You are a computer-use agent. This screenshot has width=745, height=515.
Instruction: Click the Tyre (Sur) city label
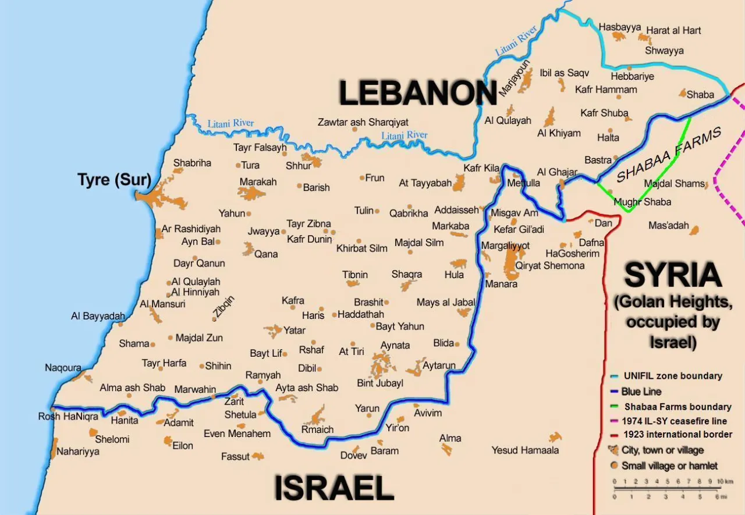[114, 180]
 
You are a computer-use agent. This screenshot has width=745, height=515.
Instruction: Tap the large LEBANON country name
[417, 93]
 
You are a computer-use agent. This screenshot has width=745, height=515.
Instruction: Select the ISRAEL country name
[334, 488]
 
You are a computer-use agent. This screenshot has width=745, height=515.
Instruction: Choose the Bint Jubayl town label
[380, 383]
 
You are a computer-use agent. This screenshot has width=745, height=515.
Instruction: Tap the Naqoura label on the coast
[63, 368]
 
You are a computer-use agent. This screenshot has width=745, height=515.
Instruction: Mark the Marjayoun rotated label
[507, 78]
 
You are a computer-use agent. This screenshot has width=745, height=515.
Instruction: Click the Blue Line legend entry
[641, 392]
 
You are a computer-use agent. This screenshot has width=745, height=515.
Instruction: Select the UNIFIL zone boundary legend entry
[672, 376]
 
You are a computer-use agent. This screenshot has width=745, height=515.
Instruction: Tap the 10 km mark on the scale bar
[721, 482]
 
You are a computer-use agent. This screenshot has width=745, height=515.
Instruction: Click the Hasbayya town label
[619, 27]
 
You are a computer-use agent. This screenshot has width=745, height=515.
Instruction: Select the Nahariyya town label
[78, 451]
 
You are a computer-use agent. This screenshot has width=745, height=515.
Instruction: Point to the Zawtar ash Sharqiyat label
[363, 122]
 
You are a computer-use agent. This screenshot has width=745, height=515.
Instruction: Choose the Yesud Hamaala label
[525, 450]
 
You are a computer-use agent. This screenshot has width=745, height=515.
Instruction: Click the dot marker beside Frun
[361, 178]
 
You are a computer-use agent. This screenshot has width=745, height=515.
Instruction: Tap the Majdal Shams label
[674, 184]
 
